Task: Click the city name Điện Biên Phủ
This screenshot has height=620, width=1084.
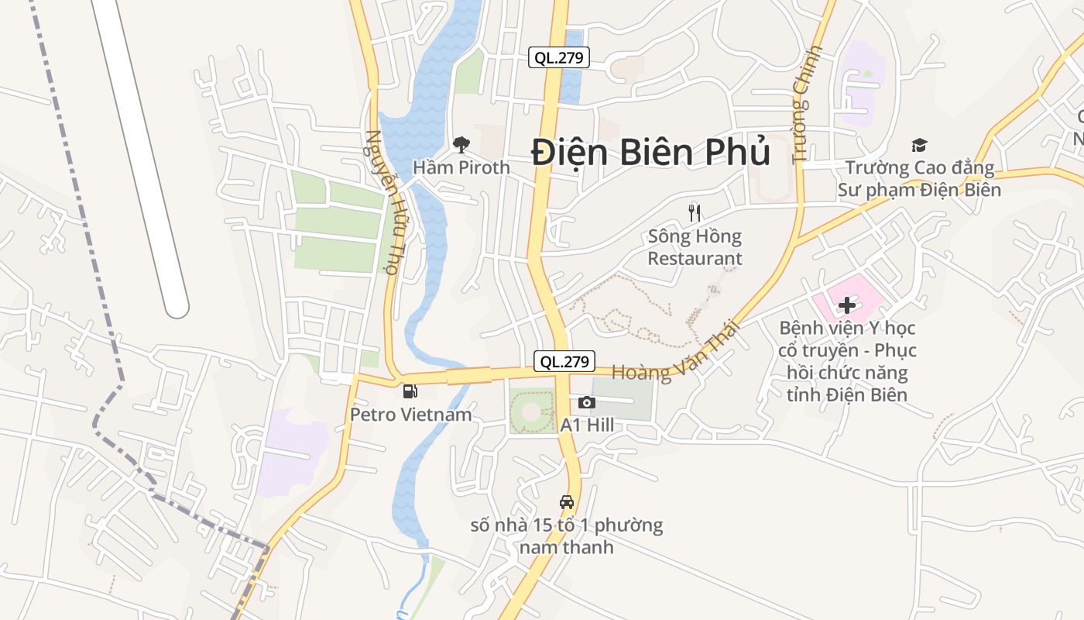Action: click(x=650, y=152)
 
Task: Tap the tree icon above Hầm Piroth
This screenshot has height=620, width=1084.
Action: click(x=461, y=144)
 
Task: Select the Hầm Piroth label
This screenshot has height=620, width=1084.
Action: click(x=461, y=167)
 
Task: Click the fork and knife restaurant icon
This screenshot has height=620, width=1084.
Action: click(x=695, y=212)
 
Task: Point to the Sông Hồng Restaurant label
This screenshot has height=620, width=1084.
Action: click(x=695, y=247)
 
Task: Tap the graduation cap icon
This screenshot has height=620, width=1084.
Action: click(x=919, y=145)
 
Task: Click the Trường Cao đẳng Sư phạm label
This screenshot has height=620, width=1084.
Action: click(x=919, y=178)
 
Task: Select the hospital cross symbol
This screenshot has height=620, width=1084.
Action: click(x=847, y=305)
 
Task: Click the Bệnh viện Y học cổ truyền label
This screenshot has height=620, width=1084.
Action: click(x=847, y=361)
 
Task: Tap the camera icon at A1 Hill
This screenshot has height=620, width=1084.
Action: click(x=587, y=402)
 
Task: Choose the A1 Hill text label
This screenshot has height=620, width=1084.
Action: click(x=587, y=425)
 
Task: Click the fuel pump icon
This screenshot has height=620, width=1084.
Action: click(x=410, y=391)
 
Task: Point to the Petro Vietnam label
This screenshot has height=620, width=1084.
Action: click(x=410, y=415)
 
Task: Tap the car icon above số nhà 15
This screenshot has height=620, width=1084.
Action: click(x=567, y=501)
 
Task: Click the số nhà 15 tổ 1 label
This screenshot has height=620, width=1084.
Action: click(x=567, y=536)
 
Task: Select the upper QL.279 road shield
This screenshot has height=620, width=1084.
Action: click(x=559, y=57)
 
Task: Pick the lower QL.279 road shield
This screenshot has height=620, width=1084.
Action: click(x=565, y=361)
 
